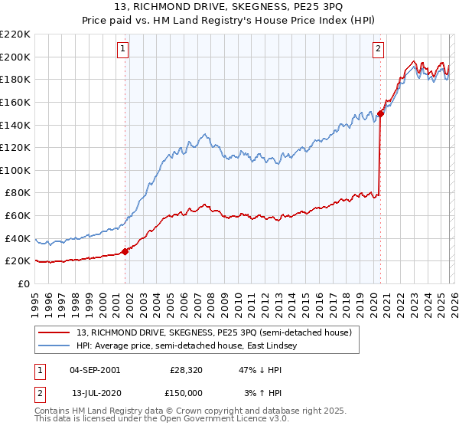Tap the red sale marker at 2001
pyautogui.click(x=125, y=251)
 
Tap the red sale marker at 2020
pyautogui.click(x=380, y=113)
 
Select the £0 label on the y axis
pyautogui.click(x=24, y=283)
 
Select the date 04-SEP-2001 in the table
pyautogui.click(x=94, y=369)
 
